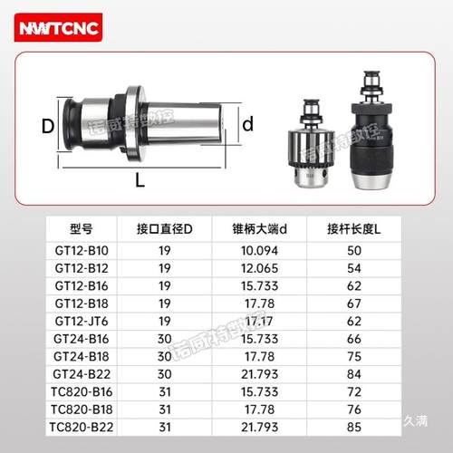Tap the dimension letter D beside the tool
click(48, 125)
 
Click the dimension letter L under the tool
click(140, 179)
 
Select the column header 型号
click(82, 228)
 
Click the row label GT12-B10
click(82, 249)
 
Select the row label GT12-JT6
click(82, 321)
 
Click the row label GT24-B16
click(82, 338)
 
